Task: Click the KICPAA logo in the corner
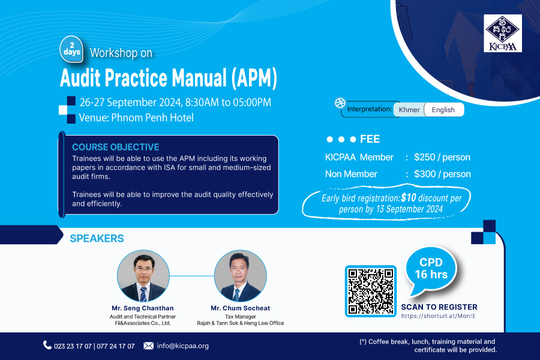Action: tap(502, 33)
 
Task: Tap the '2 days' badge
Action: tap(71, 50)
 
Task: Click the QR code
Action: tap(371, 291)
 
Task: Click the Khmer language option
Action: tap(409, 110)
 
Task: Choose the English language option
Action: tap(443, 110)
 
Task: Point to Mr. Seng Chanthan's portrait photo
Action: tap(143, 276)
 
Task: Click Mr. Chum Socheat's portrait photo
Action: tap(240, 276)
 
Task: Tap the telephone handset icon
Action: tap(47, 345)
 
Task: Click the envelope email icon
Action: tap(148, 346)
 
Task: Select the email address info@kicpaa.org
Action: tap(182, 346)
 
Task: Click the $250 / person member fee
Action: tap(442, 157)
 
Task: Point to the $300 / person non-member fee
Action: tap(442, 174)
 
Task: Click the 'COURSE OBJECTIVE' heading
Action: tap(115, 147)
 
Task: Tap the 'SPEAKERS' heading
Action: tap(97, 238)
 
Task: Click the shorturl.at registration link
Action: tap(438, 316)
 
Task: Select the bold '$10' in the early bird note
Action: tap(409, 197)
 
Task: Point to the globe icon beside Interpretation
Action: tap(340, 103)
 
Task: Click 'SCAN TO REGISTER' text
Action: tap(439, 307)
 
